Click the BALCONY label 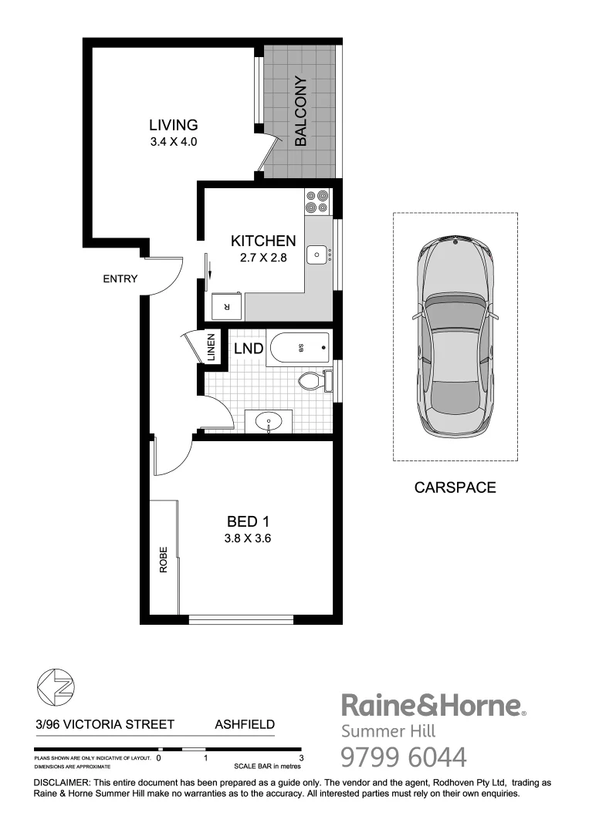301,112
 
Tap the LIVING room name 174,125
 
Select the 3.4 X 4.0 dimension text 174,142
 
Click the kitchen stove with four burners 317,201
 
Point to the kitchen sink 317,254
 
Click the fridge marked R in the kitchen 226,306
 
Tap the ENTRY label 120,279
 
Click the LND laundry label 249,349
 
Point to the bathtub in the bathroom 298,349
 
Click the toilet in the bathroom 312,380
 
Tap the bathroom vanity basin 268,422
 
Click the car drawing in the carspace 454,337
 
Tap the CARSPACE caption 455,487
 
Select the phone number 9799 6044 404,757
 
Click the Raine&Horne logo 433,706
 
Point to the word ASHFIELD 243,725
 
